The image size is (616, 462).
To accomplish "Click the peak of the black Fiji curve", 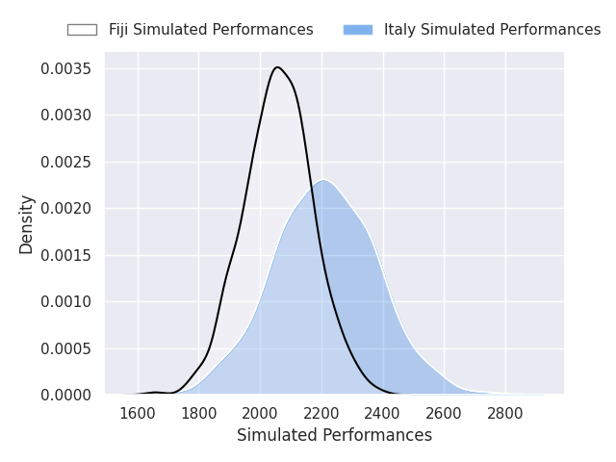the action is coord(277,67).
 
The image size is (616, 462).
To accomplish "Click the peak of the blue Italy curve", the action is coord(323,180).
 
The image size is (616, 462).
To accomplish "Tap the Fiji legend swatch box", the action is coord(82,30).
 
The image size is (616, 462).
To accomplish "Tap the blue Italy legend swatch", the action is coord(358,30).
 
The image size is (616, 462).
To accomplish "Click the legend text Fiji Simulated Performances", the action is coord(211,30).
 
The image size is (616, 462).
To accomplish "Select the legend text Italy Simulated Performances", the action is coord(492,30).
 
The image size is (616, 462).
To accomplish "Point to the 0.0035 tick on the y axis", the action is coord(65,68).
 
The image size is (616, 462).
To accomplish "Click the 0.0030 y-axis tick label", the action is coord(65,115).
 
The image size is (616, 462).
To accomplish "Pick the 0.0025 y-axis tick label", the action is coord(65,162).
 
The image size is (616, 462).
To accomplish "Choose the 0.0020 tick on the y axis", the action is coord(65,208).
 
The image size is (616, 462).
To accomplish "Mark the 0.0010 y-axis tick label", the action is coord(65,301).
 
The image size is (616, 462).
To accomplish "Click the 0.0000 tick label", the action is coord(65,395).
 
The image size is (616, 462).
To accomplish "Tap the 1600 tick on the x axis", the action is coord(138,413).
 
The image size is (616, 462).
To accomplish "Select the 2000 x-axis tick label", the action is coord(260,413).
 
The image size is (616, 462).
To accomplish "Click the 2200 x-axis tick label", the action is coord(321,413).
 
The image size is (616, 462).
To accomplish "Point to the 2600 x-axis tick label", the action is coord(444,413).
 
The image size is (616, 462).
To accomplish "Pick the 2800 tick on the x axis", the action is coord(505,413).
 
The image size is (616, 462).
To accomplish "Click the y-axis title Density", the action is coord(26,224).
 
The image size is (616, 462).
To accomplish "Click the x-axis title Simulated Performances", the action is coord(334,435).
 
